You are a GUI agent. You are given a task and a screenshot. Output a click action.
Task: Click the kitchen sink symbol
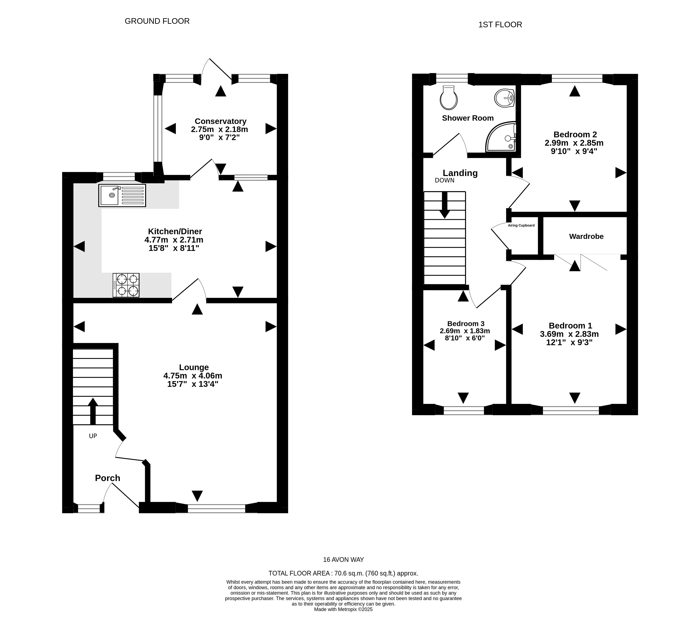[122, 196]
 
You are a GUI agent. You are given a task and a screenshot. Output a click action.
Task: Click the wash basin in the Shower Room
[504, 98]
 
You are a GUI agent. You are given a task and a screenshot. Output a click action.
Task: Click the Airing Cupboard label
[521, 225]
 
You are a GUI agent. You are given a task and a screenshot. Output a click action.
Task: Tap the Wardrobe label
[586, 237]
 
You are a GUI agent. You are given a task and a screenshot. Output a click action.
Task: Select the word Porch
[108, 478]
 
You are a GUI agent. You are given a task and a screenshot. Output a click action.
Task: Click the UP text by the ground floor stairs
[93, 436]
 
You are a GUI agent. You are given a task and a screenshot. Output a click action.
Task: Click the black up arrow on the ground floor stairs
[93, 411]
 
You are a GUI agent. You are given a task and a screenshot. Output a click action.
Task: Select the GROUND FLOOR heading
[157, 21]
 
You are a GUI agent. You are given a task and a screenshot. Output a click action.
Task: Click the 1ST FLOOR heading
[500, 25]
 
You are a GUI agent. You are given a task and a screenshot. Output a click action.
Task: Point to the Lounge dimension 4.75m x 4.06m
[193, 376]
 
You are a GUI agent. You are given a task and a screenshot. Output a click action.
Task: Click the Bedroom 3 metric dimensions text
[465, 331]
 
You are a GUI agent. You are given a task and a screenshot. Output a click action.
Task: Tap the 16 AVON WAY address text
[343, 560]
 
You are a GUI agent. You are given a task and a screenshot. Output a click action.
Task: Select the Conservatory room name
[221, 121]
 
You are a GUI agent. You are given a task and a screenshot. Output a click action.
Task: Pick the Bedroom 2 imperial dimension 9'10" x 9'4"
[574, 151]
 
